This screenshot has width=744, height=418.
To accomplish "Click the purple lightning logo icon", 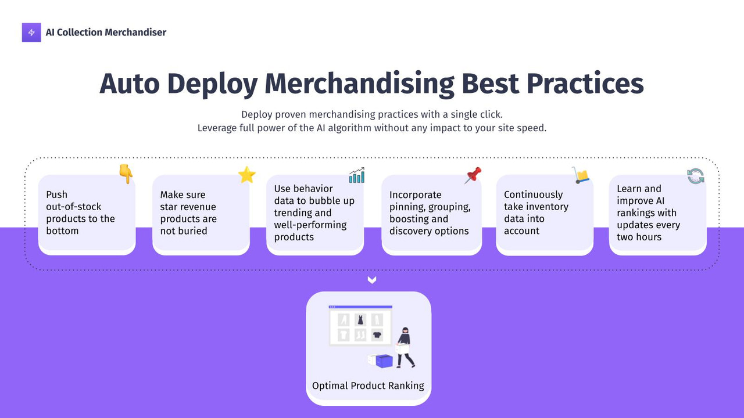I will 31,33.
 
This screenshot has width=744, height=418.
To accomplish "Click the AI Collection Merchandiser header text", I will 106,33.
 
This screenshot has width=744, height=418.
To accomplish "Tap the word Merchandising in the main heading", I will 359,84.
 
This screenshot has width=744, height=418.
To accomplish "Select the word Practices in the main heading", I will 585,84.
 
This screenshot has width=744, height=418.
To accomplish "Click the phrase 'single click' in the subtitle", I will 473,114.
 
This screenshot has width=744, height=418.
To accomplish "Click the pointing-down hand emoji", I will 126,174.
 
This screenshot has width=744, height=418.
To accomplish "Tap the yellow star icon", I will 247,175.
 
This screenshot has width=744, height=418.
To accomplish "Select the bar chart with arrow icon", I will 357,175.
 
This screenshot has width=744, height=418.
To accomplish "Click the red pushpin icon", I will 473,175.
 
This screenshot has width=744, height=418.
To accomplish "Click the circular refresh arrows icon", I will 696,176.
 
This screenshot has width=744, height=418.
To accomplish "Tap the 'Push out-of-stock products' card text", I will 80,212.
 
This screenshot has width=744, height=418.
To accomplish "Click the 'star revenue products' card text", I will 188,212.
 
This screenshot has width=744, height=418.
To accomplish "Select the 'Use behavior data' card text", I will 314,212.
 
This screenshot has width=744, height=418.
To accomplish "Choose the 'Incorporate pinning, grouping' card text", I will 430,212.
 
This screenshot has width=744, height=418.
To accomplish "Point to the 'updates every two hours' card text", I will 648,230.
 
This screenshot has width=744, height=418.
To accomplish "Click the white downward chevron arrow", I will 372,280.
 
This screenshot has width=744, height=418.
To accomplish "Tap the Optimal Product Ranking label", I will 368,385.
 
